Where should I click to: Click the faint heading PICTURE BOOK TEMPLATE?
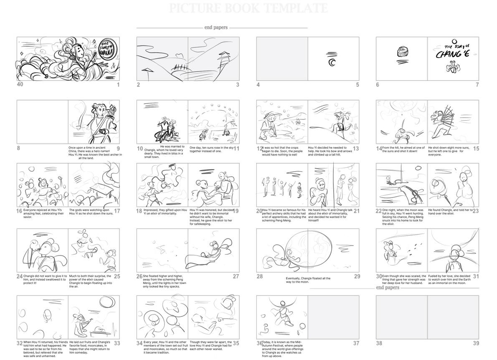tap(248, 8)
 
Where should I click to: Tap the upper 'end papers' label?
tap(216, 28)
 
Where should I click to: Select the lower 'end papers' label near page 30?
tap(388, 287)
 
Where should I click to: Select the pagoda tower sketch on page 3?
tap(226, 60)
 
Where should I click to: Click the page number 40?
tap(20, 85)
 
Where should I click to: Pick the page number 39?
tap(476, 343)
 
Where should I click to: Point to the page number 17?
tap(117, 211)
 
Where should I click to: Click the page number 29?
tap(357, 276)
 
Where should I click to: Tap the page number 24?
tap(20, 276)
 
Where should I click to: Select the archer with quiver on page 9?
tap(94, 121)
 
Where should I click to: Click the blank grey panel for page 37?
tap(333, 317)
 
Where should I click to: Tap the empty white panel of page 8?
tap(42, 122)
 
